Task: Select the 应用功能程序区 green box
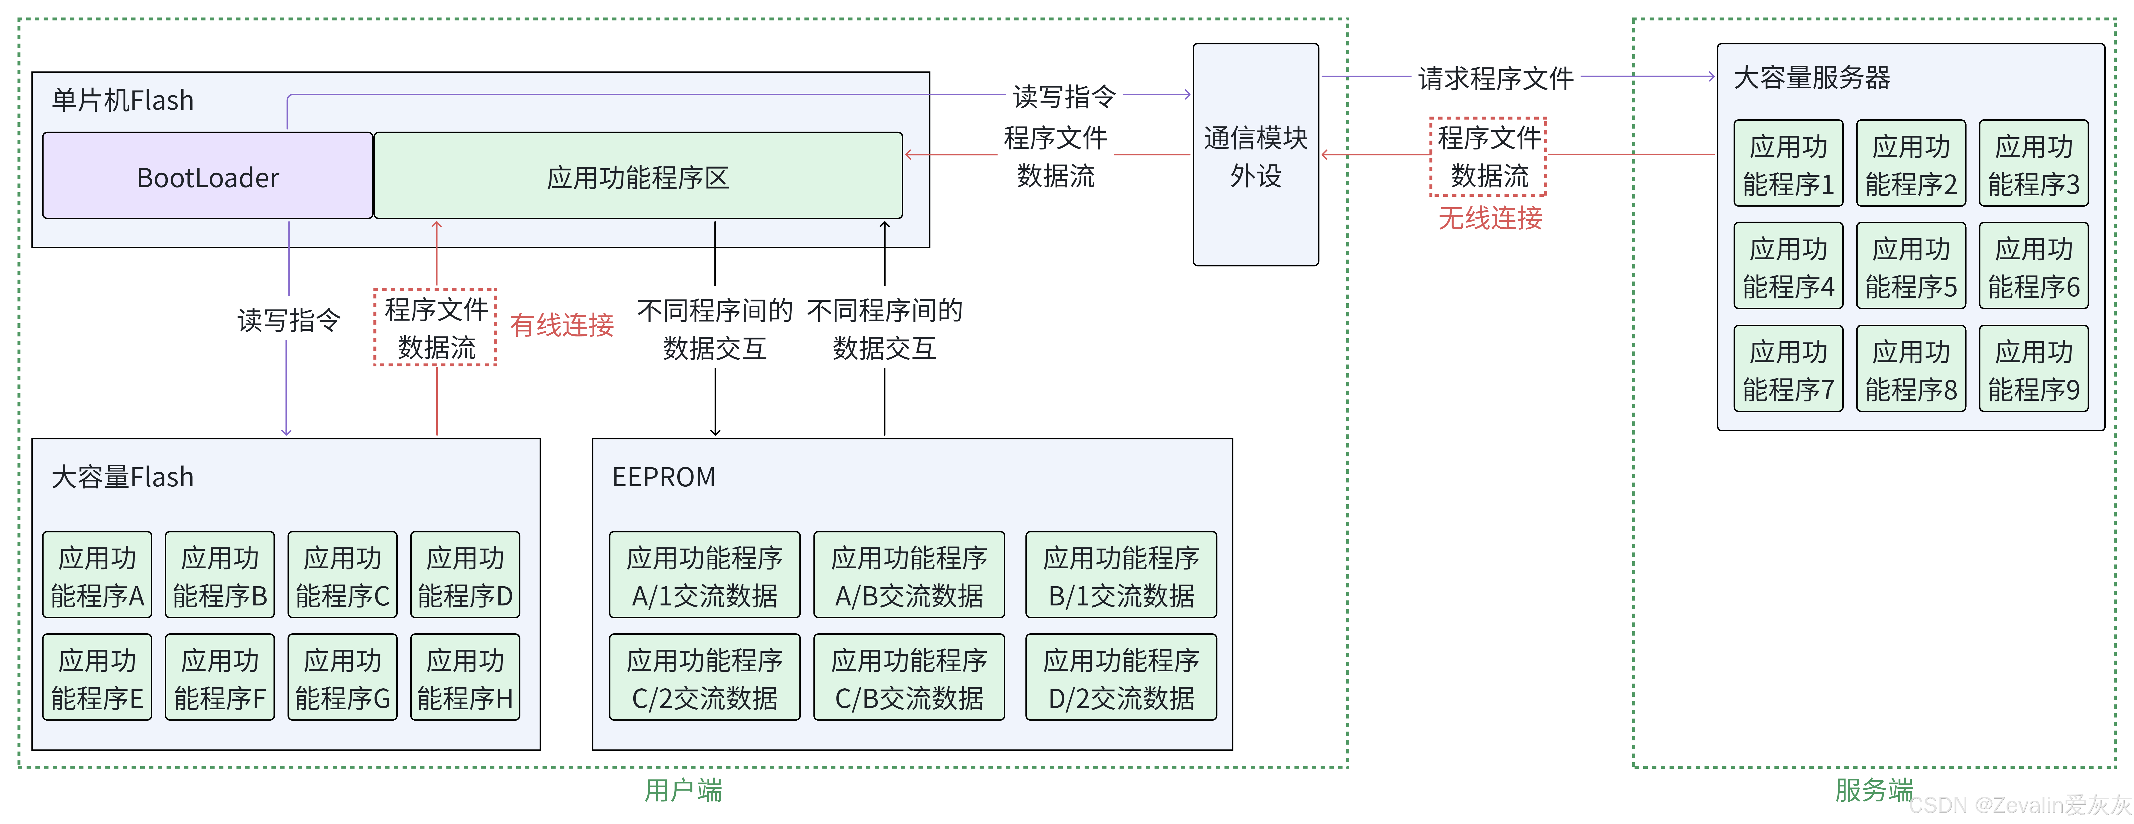[638, 176]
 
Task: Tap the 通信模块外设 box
[1255, 156]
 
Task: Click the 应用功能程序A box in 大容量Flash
[97, 576]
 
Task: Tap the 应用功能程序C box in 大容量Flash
[342, 576]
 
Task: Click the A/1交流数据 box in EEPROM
[704, 576]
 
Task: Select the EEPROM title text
[663, 478]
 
